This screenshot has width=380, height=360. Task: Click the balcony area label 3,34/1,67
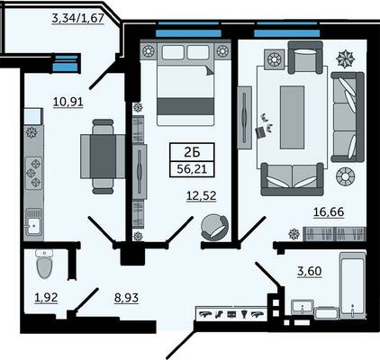coord(78,18)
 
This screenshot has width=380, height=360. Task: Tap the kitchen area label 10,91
coord(68,102)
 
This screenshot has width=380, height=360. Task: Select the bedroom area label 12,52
coord(201,196)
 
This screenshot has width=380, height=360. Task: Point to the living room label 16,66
coord(329,212)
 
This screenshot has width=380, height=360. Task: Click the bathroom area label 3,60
coord(309,271)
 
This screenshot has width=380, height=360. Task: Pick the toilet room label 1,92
coord(46,298)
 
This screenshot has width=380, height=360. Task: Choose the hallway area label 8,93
coord(126,298)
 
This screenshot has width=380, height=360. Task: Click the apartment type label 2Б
coord(192,153)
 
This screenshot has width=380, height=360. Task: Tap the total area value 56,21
coord(192,169)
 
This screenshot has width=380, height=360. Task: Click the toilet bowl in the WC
coord(44,264)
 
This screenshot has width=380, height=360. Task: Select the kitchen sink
coord(33,222)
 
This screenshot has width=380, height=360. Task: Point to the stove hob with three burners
coord(33,173)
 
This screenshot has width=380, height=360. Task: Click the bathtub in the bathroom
coord(353,285)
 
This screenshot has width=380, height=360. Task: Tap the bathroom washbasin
coord(303,307)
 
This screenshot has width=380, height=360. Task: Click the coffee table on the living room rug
coord(292,117)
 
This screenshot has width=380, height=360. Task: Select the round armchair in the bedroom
coord(215,227)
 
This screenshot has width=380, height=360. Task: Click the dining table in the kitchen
coord(103,157)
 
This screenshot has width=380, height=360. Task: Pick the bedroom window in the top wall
coord(188,32)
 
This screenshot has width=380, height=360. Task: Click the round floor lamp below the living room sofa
coord(345,176)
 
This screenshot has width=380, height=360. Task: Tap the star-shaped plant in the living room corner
coord(346,58)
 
